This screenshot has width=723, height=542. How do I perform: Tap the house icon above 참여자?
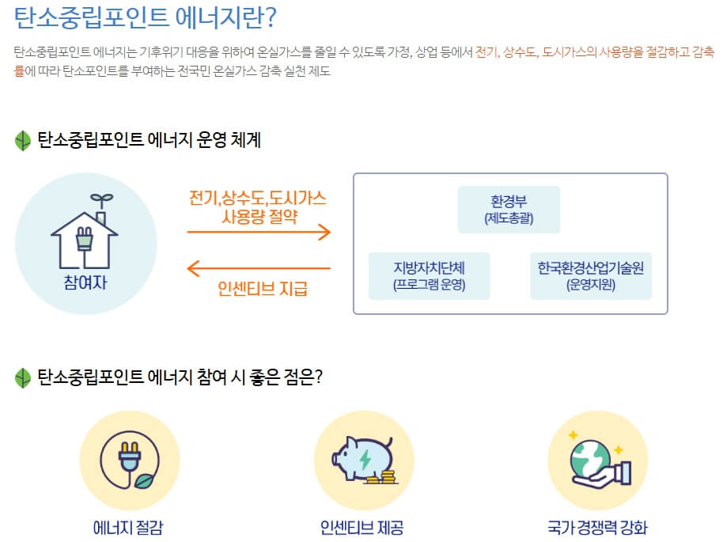85,233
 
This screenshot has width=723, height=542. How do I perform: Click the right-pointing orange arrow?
259,232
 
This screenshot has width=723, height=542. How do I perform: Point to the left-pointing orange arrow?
259,268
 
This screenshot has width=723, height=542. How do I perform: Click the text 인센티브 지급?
263,289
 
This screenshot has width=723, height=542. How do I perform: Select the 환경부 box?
509,210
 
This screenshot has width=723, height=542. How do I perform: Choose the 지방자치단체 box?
430,275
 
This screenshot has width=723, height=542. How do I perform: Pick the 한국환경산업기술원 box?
591,275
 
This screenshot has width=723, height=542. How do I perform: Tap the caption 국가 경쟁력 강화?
597,527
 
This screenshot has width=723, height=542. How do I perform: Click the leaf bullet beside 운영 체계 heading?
22,141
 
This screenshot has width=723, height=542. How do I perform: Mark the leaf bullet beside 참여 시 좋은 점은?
22,377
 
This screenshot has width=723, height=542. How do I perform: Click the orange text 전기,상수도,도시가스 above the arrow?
258,197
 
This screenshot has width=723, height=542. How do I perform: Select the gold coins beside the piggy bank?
386,478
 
